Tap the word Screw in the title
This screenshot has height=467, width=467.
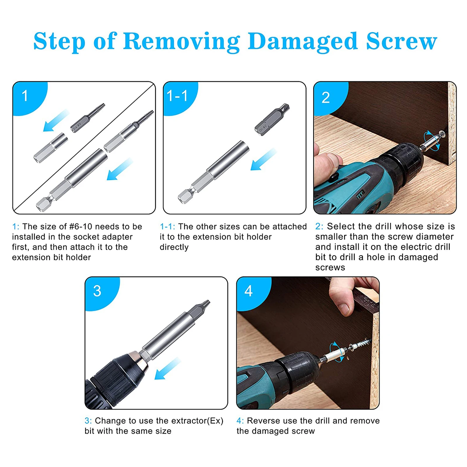tap(401, 41)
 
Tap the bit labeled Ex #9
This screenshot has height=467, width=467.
tap(88, 118)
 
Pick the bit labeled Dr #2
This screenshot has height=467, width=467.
tap(272, 119)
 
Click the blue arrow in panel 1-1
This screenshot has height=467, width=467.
tap(263, 159)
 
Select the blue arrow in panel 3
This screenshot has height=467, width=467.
tap(168, 369)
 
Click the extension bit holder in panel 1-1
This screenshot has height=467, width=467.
tap(213, 172)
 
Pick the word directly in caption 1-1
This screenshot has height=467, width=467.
tap(174, 247)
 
